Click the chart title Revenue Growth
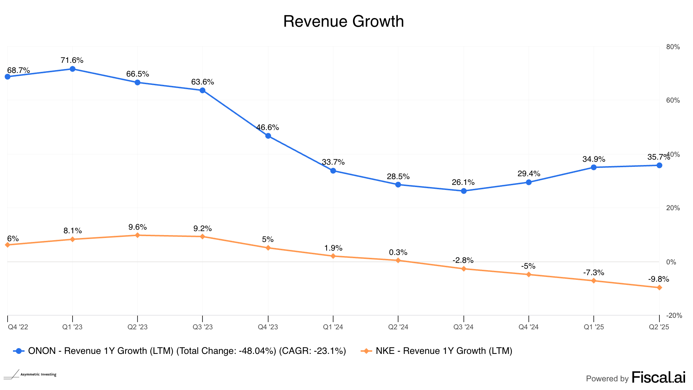tap(343, 21)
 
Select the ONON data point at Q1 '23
tap(73, 69)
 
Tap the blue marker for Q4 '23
tap(268, 136)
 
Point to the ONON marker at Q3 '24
tap(464, 191)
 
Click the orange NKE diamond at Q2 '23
tap(138, 235)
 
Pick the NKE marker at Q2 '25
tap(659, 288)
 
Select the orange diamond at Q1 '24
tap(333, 256)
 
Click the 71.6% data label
tap(72, 60)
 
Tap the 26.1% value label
tap(463, 182)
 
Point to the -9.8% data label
tap(658, 279)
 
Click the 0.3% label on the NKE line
tap(398, 252)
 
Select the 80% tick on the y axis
tap(673, 47)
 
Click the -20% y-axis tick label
tap(674, 316)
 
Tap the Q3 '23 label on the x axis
tap(202, 327)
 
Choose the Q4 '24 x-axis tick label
tap(528, 327)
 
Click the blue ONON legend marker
tap(19, 351)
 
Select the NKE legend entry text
tap(444, 351)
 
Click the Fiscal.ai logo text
tap(658, 378)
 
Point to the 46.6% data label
tap(267, 127)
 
